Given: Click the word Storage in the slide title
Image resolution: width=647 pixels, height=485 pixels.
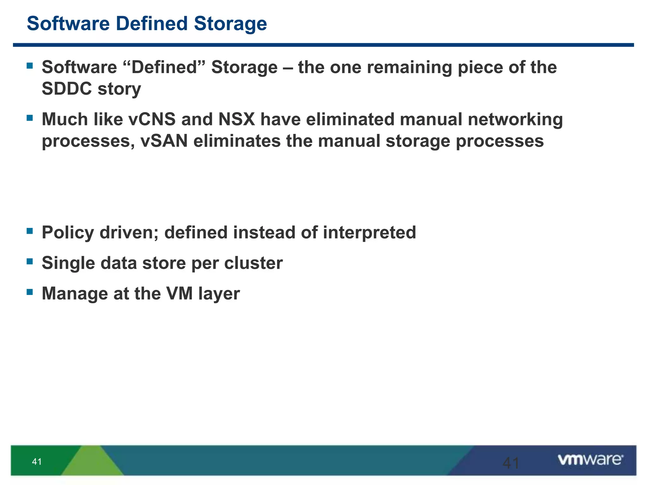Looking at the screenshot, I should tap(230, 24).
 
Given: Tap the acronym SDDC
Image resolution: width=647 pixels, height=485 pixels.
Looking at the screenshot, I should tap(67, 89).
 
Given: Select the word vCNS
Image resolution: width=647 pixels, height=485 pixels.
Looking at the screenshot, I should tap(152, 119).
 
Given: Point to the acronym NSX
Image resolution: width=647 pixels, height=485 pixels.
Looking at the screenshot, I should tap(237, 119).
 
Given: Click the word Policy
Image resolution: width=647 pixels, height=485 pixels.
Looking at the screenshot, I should tap(68, 233).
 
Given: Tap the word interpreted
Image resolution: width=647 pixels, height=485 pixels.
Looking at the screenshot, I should tap(369, 233).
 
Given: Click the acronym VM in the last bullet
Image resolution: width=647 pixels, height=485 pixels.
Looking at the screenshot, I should tap(179, 293).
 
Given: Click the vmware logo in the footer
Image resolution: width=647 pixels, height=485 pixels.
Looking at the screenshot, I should tap(590, 460).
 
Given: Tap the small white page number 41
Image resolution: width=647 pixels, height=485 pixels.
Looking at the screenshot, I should tap(37, 462).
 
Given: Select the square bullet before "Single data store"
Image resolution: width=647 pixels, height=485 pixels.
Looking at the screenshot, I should tap(30, 261).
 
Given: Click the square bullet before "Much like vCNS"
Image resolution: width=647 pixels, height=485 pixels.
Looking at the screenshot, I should tap(30, 118).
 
